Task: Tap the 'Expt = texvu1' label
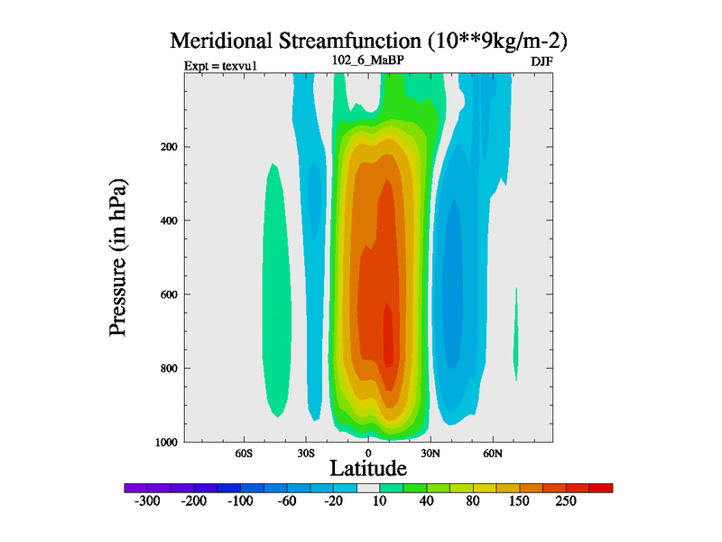click(217, 66)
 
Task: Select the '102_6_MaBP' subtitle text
click(368, 63)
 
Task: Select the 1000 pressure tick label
click(164, 442)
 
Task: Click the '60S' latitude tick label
click(244, 453)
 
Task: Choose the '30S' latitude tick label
click(305, 453)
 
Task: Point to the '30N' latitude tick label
click(430, 453)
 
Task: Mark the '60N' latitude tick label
click(492, 453)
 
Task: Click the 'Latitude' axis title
click(368, 468)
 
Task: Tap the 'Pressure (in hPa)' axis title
click(118, 257)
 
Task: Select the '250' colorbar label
click(565, 501)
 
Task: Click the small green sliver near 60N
click(516, 339)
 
